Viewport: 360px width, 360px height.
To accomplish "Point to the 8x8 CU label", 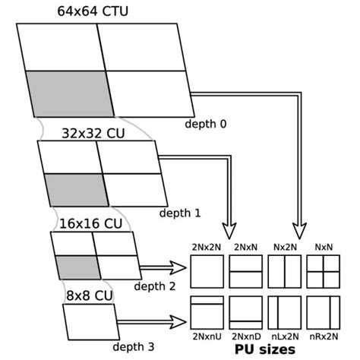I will [89, 292].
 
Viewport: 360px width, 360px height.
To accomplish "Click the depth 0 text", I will [205, 122].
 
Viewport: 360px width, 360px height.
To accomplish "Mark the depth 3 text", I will [132, 346].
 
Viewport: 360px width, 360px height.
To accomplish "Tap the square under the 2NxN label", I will [245, 271].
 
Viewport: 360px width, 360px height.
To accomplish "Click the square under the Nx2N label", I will [284, 271].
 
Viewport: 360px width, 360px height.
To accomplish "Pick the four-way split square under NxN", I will [322, 271].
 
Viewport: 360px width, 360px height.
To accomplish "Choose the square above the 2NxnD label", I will [245, 311].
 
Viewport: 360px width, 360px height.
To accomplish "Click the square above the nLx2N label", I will [284, 311].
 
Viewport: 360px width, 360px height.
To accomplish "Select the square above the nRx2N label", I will [322, 311].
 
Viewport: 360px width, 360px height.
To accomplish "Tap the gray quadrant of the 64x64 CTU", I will [69, 93].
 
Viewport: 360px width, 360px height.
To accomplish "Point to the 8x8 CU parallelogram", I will [90, 321].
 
